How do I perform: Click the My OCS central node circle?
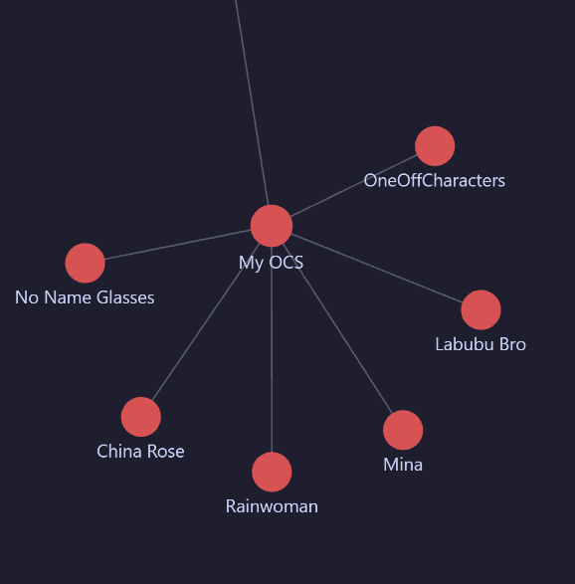[x=272, y=226]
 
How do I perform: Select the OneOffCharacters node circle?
[x=435, y=146]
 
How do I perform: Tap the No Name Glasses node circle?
[x=85, y=263]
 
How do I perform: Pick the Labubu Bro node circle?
[x=480, y=309]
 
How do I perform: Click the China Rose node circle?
[x=141, y=417]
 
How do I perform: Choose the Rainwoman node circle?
[x=272, y=472]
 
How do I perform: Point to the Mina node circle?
[x=403, y=430]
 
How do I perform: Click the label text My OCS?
[x=272, y=263]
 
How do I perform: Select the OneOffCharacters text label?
[x=434, y=181]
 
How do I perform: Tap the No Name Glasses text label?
[x=85, y=297]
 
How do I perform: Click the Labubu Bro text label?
[x=480, y=344]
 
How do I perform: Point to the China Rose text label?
[x=140, y=452]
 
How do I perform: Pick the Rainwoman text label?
[x=272, y=506]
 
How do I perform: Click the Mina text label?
[x=403, y=465]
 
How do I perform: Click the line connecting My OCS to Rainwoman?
[x=272, y=349]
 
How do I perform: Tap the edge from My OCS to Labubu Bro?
[x=377, y=269]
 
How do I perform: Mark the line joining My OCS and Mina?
[x=337, y=328]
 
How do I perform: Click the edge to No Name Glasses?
[x=178, y=245]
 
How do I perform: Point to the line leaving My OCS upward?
[x=252, y=102]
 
